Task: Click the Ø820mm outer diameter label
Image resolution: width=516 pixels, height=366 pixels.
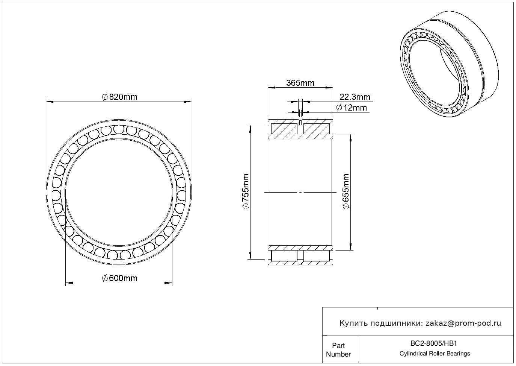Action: click(119, 97)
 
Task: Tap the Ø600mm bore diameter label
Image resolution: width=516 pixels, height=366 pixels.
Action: click(119, 278)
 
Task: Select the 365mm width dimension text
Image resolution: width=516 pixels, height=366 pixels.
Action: click(300, 83)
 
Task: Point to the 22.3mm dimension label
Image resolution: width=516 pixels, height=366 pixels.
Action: click(355, 97)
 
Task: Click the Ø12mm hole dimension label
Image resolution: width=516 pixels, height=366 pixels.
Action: click(351, 108)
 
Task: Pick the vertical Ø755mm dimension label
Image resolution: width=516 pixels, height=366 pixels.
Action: click(246, 191)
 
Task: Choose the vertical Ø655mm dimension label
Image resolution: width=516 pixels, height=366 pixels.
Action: click(346, 191)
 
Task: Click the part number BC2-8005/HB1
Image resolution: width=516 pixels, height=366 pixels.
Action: click(433, 343)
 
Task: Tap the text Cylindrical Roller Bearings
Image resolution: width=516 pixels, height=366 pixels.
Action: click(435, 354)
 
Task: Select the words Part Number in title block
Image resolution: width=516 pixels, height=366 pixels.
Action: click(338, 350)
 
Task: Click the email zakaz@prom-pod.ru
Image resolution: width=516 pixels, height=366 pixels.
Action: click(463, 323)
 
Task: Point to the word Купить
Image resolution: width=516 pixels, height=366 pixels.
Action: click(354, 323)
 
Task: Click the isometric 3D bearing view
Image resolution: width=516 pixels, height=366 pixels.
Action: click(449, 64)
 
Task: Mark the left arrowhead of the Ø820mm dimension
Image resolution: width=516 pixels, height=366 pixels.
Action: click(50, 102)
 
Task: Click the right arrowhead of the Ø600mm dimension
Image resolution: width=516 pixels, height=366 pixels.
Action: click(168, 283)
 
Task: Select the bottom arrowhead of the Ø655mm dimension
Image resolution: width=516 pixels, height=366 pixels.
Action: click(351, 246)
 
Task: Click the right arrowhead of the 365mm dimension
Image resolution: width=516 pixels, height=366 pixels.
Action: click(329, 88)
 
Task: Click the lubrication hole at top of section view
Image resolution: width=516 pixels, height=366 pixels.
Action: click(300, 122)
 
